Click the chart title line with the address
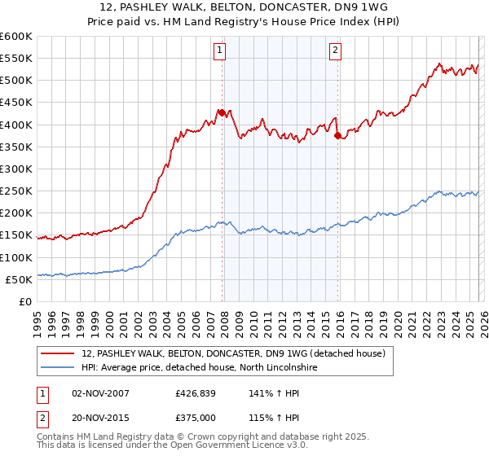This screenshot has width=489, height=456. tap(244, 7)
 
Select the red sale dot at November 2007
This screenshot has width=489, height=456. tap(222, 112)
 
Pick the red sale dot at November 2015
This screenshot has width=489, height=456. tap(337, 136)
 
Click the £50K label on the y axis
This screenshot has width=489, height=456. tap(20, 279)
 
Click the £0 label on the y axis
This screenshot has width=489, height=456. tap(26, 301)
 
